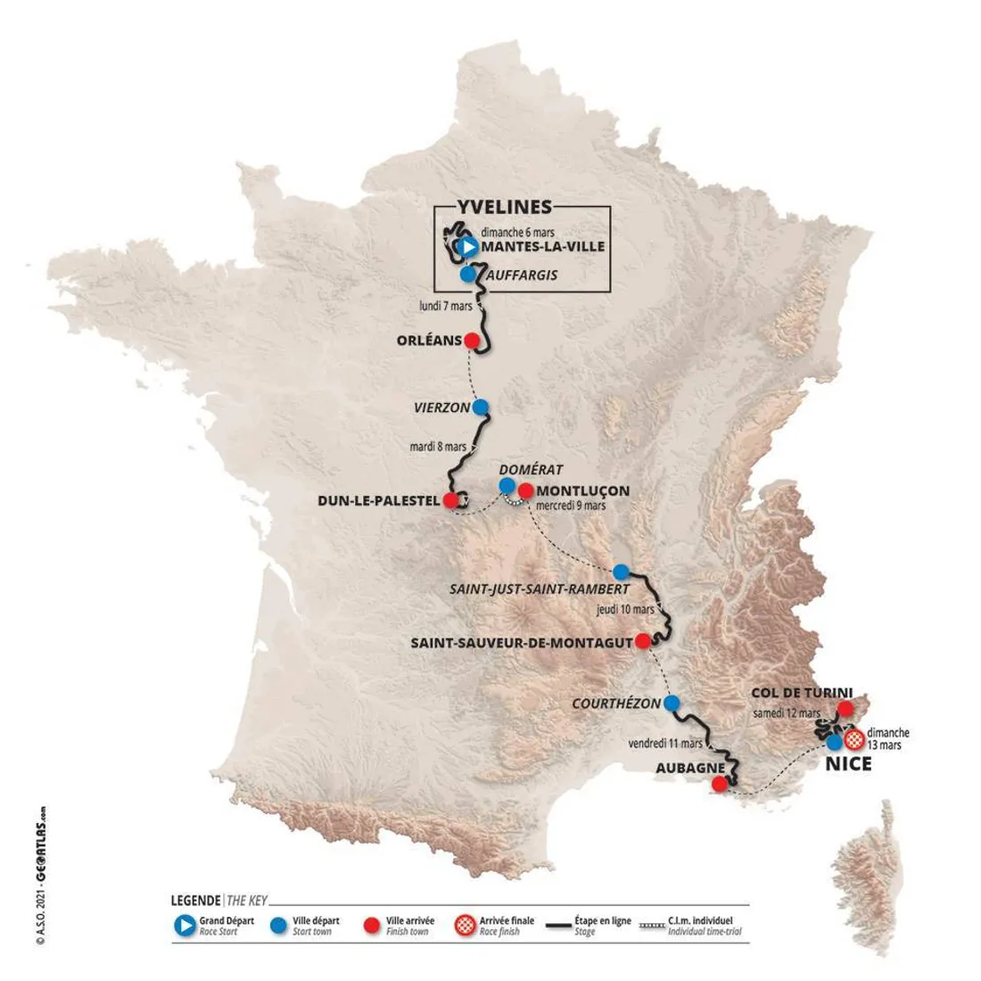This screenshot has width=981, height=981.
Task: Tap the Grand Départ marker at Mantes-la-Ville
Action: pos(466,247)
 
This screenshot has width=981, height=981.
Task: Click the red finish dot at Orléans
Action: pos(472,341)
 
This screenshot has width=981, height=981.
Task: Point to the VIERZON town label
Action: pos(441,408)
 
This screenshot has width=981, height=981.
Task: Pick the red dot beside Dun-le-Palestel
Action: pos(452,500)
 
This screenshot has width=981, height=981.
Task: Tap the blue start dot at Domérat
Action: pos(507,486)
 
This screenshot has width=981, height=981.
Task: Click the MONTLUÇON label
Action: pos(583,490)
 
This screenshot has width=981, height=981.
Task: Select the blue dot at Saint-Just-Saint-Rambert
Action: pos(621,572)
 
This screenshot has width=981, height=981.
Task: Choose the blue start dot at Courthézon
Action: pos(672,702)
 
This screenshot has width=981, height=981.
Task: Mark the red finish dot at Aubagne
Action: pos(719,785)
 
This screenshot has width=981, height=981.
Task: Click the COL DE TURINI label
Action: pos(802,692)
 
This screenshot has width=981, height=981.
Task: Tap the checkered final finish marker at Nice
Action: pos(853,738)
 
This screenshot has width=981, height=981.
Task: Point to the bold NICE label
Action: pos(848,764)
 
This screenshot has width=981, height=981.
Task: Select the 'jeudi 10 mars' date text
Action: pos(625,610)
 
